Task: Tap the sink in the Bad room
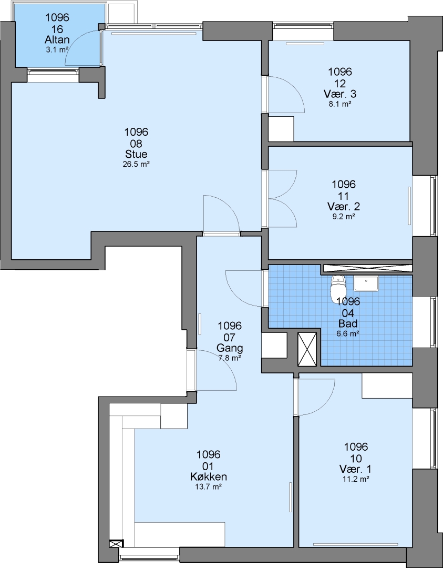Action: [366, 283]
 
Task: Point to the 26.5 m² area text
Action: [137, 164]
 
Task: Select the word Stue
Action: [137, 154]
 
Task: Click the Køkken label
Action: [209, 476]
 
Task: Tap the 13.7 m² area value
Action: [209, 487]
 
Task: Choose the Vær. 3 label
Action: [340, 94]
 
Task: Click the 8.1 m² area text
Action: [340, 104]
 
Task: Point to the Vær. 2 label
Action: [344, 207]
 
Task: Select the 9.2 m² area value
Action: [344, 217]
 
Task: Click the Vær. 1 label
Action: [356, 469]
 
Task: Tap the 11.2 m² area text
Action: [356, 480]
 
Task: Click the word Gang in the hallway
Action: [230, 349]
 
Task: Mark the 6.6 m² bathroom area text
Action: [347, 334]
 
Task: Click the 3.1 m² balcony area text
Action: [57, 49]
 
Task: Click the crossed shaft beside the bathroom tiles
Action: [307, 349]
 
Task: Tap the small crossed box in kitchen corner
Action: [116, 544]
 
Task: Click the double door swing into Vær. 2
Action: [282, 198]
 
